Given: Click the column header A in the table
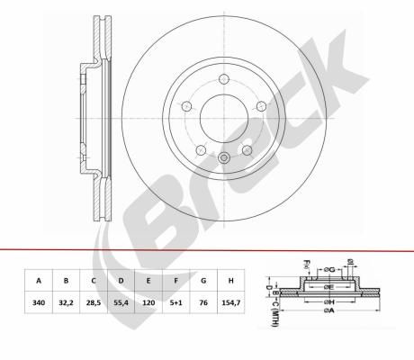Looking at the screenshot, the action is point(39,281).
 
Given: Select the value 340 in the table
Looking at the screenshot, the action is point(39,302).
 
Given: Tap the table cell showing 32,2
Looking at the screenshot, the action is point(66,302).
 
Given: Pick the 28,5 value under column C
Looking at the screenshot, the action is point(94,302).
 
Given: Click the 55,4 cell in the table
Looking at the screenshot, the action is point(121,302).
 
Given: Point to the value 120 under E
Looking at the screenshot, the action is point(148,302).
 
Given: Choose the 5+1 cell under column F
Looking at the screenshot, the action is point(175,302).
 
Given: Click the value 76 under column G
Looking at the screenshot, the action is point(203,302).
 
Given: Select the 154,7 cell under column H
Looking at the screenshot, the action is point(230,302).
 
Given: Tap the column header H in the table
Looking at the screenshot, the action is point(230,281).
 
